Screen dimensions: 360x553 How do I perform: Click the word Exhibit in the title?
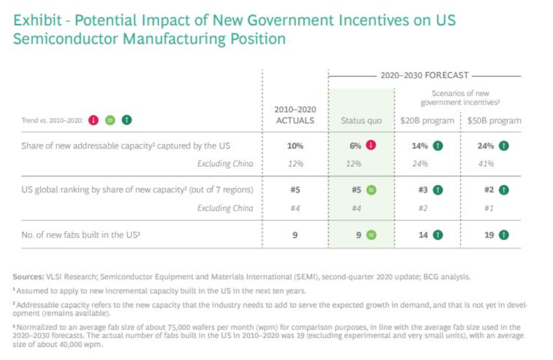point(38,21)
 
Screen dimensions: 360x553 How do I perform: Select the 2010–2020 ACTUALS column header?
point(295,115)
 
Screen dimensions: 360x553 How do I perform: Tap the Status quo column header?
point(361,120)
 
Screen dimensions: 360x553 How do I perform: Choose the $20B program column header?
point(427,120)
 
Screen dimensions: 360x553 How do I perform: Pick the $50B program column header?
point(494,120)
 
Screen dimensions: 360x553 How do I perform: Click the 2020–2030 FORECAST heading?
point(424,76)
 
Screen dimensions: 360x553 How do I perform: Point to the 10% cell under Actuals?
point(295,146)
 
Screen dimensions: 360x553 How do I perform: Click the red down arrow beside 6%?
point(371,146)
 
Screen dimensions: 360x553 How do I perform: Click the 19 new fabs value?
point(489,235)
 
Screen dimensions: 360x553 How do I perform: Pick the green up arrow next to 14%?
point(438,146)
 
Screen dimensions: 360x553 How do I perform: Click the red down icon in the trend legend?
point(94,120)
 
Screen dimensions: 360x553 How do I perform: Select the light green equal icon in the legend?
point(110,120)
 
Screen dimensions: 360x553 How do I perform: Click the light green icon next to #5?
point(371,190)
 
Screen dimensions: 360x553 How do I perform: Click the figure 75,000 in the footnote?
point(178,327)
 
